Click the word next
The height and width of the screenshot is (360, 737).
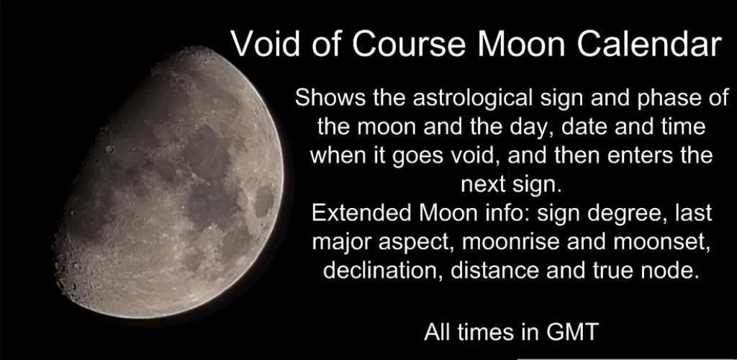[482, 185]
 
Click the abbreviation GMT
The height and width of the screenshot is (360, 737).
[571, 332]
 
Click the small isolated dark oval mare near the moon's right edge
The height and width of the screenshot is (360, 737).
[263, 201]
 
